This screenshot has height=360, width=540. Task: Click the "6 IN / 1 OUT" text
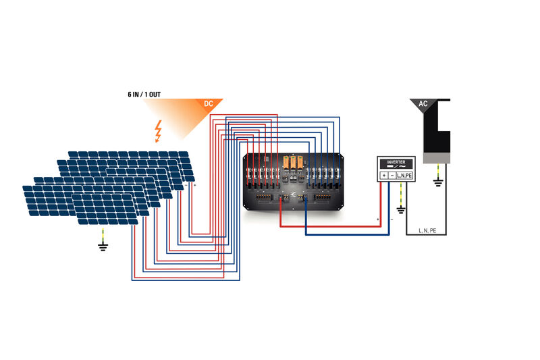144,95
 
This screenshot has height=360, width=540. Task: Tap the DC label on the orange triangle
209,103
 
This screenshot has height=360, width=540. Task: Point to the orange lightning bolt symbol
159,132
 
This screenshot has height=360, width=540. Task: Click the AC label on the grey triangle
423,104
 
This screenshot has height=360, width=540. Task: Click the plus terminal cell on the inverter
384,176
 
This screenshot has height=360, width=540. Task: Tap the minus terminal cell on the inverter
392,176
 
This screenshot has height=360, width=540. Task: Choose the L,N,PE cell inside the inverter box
405,176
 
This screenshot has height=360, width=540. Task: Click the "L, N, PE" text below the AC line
428,230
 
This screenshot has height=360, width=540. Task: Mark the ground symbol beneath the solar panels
103,246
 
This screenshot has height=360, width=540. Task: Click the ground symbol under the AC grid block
437,180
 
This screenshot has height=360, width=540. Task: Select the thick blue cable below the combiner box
344,234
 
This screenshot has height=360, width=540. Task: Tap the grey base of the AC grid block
437,158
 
